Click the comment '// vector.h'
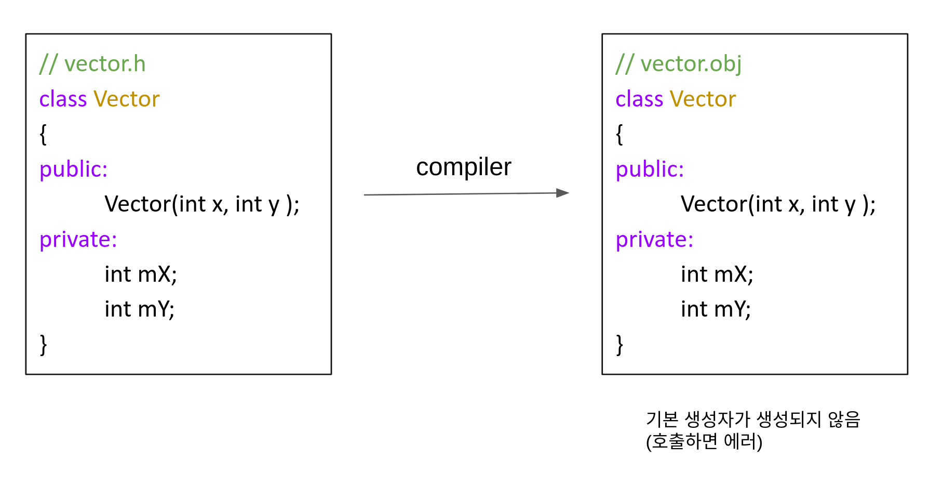92,64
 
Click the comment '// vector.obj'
678,64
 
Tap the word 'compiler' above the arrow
463,167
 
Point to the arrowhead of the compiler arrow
563,193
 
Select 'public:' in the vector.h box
73,169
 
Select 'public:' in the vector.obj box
650,169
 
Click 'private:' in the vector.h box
78,240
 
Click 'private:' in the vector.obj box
654,240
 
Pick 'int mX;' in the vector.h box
141,274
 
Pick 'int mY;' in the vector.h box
139,309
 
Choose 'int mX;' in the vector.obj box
717,274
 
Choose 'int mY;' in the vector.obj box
716,309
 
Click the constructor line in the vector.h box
201,204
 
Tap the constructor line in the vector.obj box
778,204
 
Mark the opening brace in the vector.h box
43,134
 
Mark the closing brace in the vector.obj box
619,344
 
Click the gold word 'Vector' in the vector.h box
126,99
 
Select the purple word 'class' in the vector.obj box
639,99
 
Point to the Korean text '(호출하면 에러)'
704,441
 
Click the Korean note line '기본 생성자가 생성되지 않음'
753,419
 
